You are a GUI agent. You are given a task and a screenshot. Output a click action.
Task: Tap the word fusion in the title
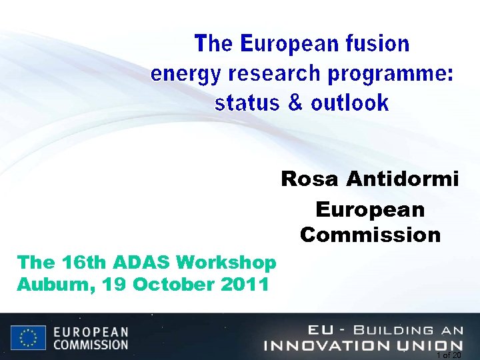(377, 44)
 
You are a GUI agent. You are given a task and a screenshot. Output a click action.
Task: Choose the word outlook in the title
(349, 103)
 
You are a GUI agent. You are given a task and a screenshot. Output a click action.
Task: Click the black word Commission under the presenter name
(370, 235)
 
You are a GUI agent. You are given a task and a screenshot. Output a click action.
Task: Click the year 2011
(244, 284)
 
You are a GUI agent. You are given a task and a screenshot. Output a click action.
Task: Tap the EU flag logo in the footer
(28, 337)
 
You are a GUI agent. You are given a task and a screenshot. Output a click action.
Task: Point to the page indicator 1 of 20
(448, 355)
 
